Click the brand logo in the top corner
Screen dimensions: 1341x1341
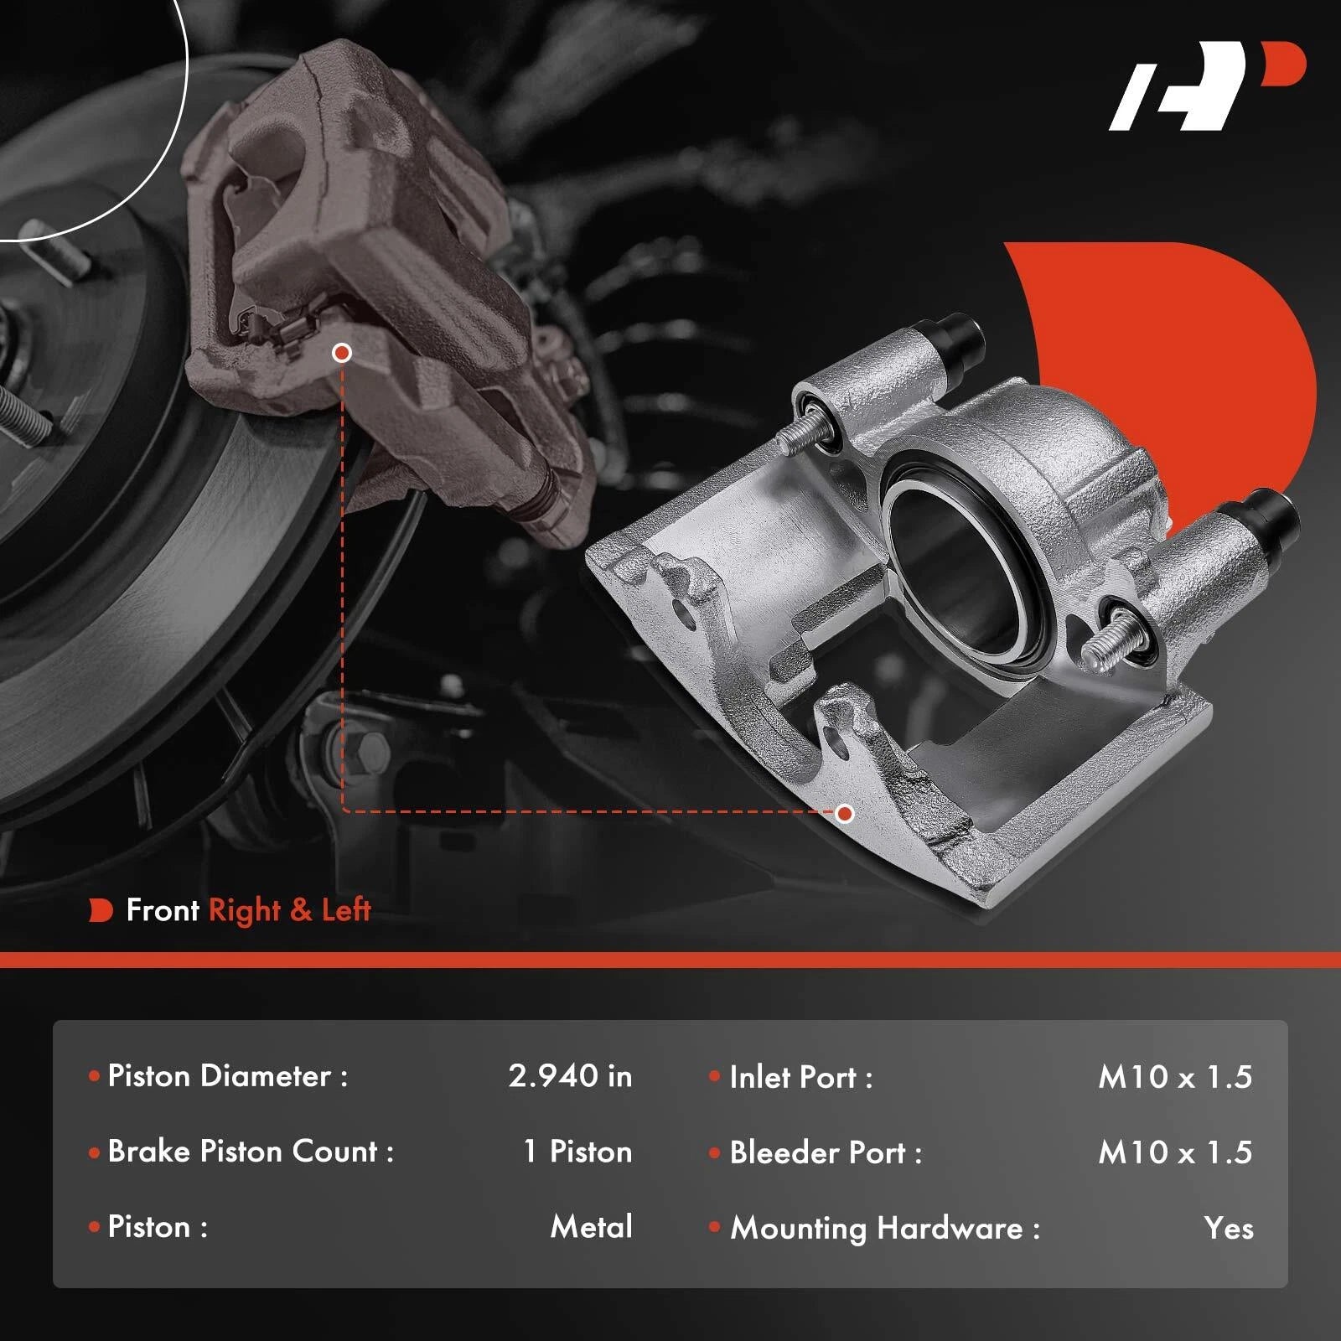click(1207, 86)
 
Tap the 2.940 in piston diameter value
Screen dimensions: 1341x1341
click(570, 1075)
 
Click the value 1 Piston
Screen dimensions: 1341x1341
click(577, 1151)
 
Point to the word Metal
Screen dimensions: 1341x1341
click(592, 1227)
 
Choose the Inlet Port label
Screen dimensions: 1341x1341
click(801, 1077)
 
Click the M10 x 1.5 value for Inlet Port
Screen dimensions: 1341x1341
click(1175, 1077)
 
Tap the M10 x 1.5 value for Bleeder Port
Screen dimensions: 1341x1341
click(1175, 1152)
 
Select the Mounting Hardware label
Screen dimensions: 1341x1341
click(885, 1229)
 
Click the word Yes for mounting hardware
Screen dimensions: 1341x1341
click(1229, 1228)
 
